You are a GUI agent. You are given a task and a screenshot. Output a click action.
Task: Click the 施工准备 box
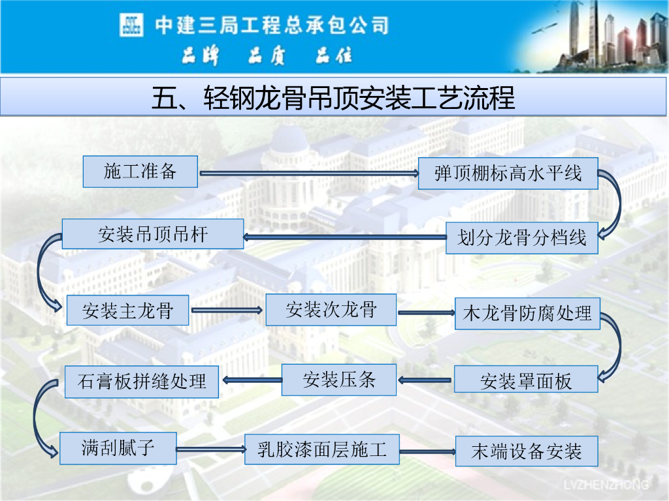(x=140, y=172)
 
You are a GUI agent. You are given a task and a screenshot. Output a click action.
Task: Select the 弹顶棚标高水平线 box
(x=508, y=174)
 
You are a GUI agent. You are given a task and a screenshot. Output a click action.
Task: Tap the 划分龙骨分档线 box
(x=521, y=238)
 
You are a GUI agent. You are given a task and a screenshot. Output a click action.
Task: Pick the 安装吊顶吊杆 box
(x=152, y=234)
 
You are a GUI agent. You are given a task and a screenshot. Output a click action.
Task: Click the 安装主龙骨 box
(x=127, y=311)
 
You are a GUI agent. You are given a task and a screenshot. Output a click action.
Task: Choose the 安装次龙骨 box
(x=331, y=309)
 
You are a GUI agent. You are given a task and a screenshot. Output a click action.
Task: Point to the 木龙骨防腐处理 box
(x=527, y=313)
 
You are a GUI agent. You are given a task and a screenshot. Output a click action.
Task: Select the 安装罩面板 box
(x=525, y=380)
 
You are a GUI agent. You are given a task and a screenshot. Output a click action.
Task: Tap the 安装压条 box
(x=338, y=380)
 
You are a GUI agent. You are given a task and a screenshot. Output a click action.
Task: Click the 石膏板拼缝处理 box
(x=141, y=381)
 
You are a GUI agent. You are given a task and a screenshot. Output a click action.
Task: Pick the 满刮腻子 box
(x=118, y=448)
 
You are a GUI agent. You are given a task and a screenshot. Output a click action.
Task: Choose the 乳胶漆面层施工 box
(x=321, y=449)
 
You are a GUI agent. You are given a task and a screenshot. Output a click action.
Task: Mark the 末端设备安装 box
(x=526, y=451)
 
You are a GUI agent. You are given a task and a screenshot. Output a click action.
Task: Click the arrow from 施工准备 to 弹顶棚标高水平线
(x=308, y=174)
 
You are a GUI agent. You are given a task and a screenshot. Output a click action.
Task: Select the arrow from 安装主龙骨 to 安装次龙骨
(x=227, y=311)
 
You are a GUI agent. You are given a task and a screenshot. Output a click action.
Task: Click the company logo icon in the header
(x=131, y=25)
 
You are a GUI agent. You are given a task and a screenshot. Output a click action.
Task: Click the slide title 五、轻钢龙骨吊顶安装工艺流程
(x=333, y=98)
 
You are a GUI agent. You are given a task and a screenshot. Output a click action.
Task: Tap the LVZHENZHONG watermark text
(x=606, y=484)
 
